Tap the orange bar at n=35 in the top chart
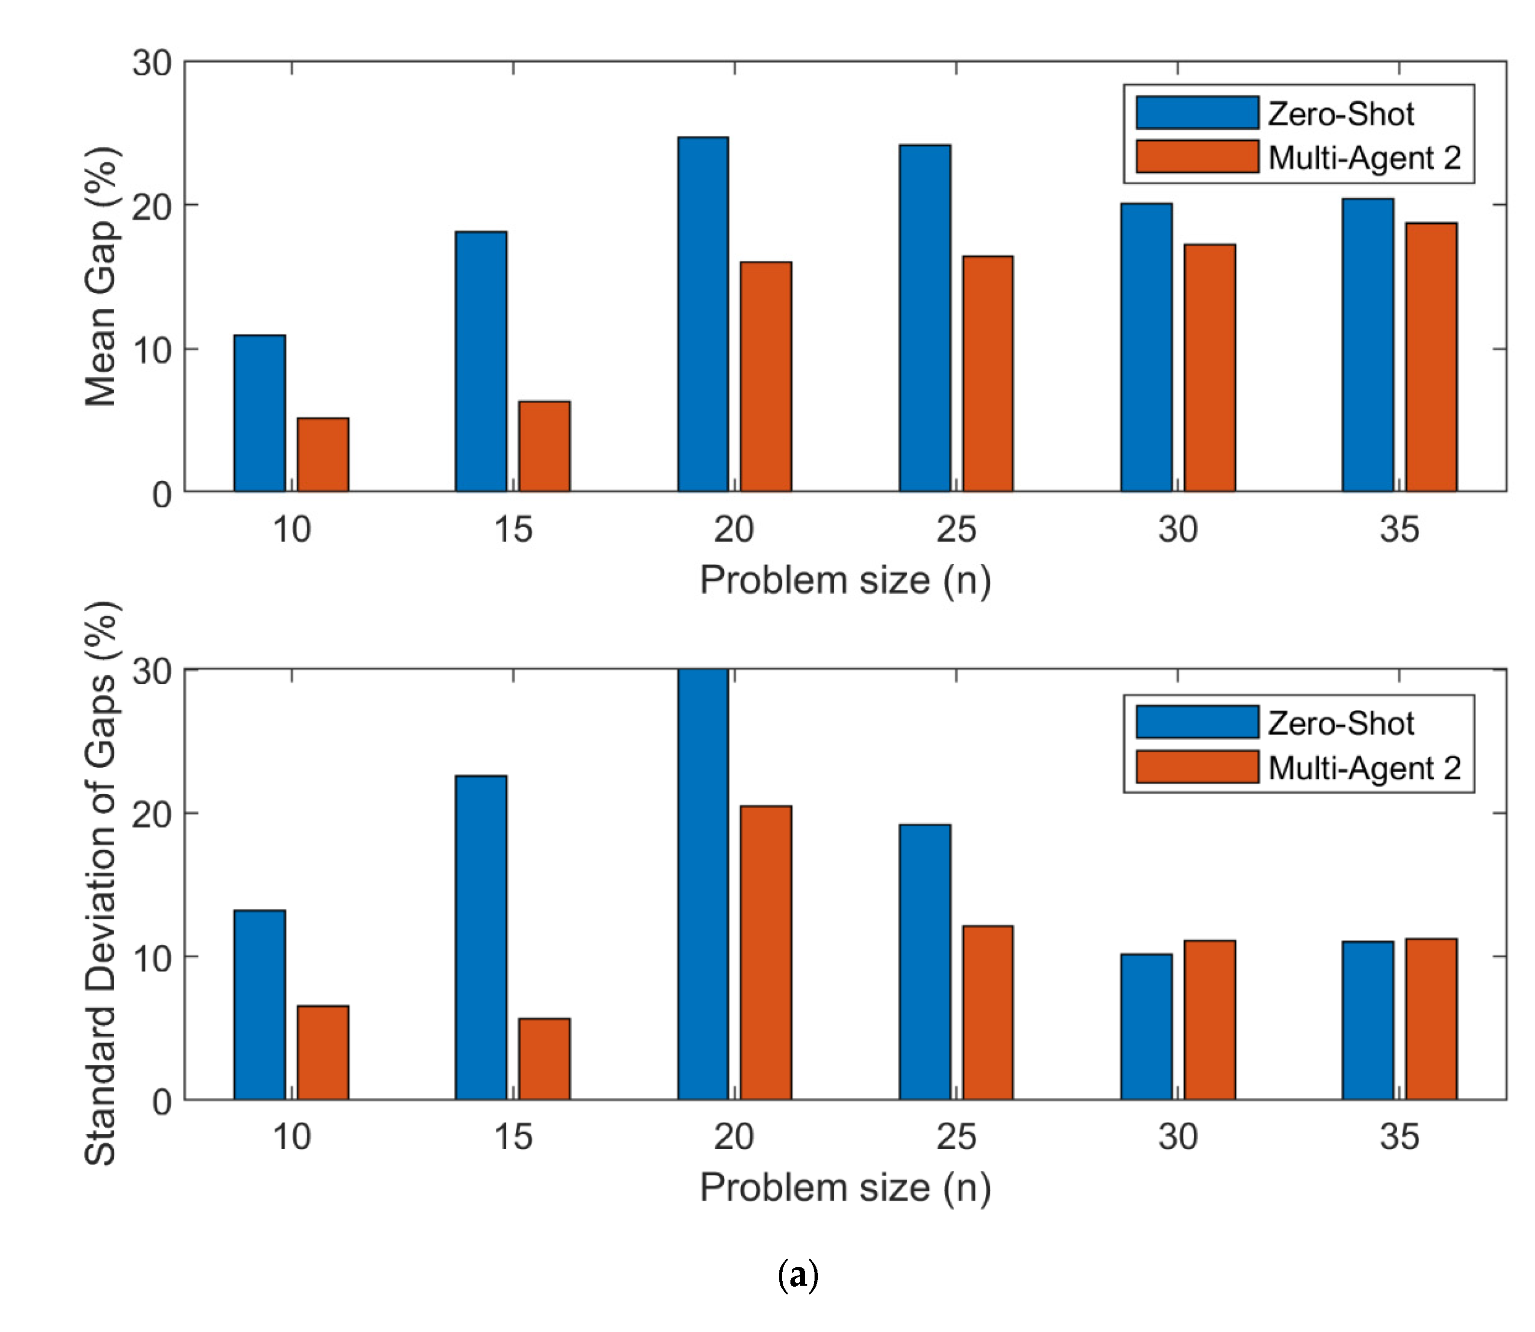pyautogui.click(x=1430, y=357)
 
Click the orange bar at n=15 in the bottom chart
pyautogui.click(x=544, y=1059)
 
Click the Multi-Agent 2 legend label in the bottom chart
pyautogui.click(x=1364, y=768)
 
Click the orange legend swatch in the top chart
pyautogui.click(x=1197, y=157)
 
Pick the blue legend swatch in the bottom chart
pyautogui.click(x=1197, y=722)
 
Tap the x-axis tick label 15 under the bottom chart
pyautogui.click(x=512, y=1137)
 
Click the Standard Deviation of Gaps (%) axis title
pyautogui.click(x=101, y=883)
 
